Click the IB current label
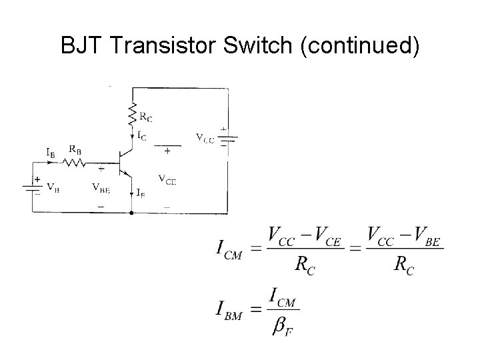tap(51, 153)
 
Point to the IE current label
tap(141, 194)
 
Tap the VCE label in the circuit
tap(167, 179)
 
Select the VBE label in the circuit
tap(101, 187)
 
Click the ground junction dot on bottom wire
tap(132, 213)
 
